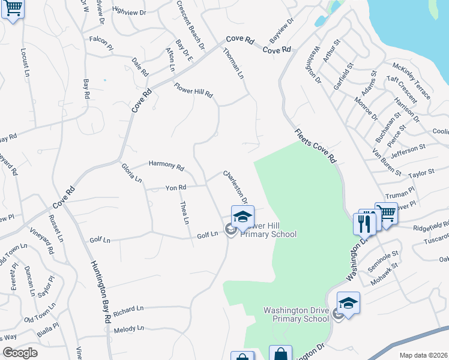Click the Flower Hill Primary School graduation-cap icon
coord(243,218)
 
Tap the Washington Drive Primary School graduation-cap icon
coord(348,304)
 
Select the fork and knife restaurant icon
coord(364,223)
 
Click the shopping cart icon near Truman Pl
coord(387,214)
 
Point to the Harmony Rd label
coord(166,165)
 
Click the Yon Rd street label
coord(176,188)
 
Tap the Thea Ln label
coord(184,213)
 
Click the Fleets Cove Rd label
coord(315,146)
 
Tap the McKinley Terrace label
coord(411,80)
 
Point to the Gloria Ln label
coord(131,173)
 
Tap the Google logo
coord(20,352)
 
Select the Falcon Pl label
coord(101,41)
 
